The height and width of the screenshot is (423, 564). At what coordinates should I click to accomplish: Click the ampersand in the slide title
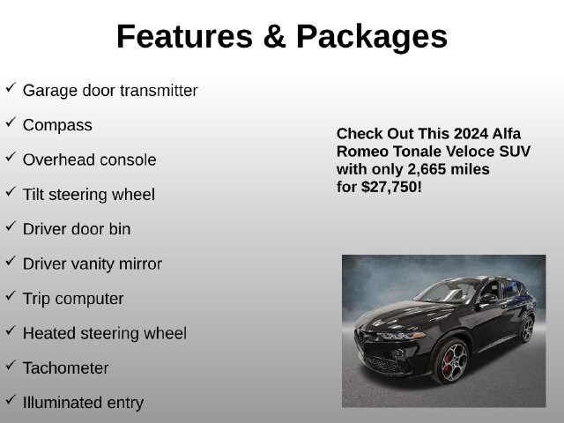(x=274, y=36)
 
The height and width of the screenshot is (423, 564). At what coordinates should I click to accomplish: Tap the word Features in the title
(x=184, y=36)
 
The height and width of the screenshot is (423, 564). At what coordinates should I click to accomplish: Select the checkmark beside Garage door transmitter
(x=11, y=88)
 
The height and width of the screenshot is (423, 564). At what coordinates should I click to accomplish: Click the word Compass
(x=57, y=126)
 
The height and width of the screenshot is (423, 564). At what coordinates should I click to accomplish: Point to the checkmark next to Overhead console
(x=11, y=157)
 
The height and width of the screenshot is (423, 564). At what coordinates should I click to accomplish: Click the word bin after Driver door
(x=120, y=229)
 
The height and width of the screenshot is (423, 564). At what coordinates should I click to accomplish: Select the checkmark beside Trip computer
(x=11, y=296)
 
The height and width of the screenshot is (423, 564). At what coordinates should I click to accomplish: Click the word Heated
(x=49, y=333)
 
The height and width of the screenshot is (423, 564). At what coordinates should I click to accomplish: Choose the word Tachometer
(x=66, y=368)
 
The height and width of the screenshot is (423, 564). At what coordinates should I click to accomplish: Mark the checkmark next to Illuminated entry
(x=11, y=400)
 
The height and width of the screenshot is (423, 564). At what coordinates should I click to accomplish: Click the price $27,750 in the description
(x=390, y=188)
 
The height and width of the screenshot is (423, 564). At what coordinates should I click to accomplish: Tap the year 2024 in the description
(x=471, y=134)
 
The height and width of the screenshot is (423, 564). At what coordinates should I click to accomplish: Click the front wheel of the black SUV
(x=452, y=361)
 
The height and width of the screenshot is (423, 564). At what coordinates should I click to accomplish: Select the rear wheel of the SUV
(x=527, y=330)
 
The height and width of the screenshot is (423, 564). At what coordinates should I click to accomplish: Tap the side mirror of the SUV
(x=487, y=299)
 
